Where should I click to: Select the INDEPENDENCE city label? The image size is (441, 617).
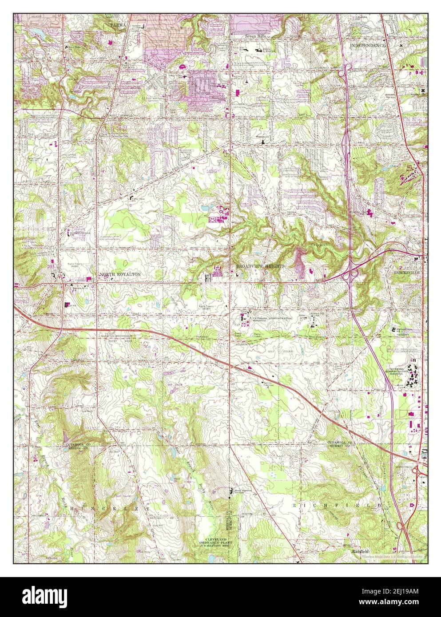(367, 46)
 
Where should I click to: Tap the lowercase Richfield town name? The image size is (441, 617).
(360, 552)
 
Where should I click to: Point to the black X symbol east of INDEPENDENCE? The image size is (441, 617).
(401, 45)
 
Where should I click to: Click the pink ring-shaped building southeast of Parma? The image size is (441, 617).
(181, 67)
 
